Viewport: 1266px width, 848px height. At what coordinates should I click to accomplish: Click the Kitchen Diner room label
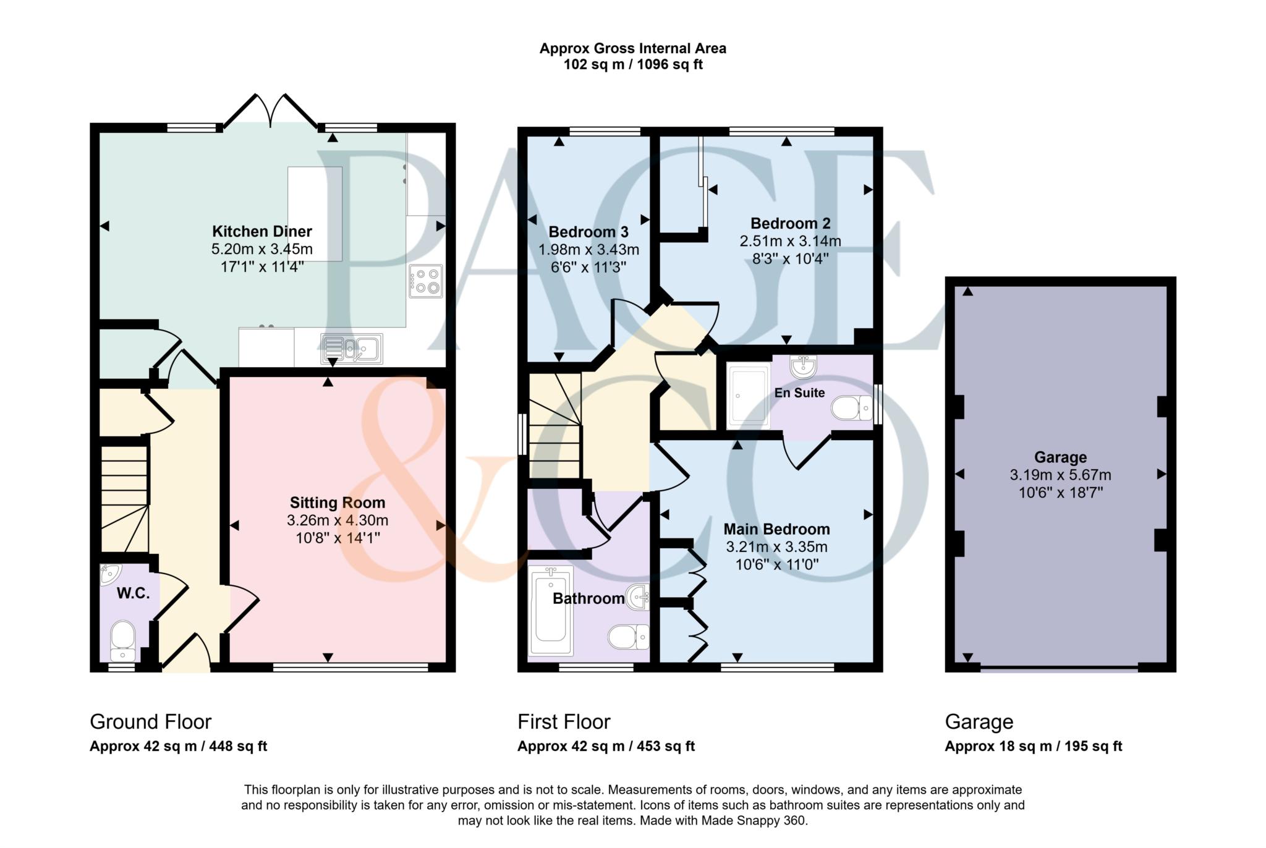pyautogui.click(x=262, y=232)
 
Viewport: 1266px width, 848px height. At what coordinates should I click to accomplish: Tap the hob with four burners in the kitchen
pyautogui.click(x=426, y=281)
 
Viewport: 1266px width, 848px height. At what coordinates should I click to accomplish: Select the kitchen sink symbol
pyautogui.click(x=352, y=349)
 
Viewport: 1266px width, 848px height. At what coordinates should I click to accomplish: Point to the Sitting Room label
pyautogui.click(x=338, y=502)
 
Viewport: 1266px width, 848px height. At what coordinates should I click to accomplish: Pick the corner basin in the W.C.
pyautogui.click(x=109, y=574)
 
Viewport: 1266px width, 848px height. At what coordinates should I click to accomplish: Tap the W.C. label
pyautogui.click(x=133, y=593)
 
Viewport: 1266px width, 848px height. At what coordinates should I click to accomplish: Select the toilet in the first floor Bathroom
pyautogui.click(x=629, y=637)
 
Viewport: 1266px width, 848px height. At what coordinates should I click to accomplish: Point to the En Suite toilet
pyautogui.click(x=851, y=408)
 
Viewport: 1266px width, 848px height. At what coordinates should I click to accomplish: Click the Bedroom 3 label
pyautogui.click(x=588, y=232)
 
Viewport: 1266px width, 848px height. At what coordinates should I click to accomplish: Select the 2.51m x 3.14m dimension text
pyautogui.click(x=790, y=241)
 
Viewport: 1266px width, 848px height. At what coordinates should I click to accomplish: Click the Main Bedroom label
pyautogui.click(x=776, y=529)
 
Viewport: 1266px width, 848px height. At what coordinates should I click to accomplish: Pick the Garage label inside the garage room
pyautogui.click(x=1060, y=457)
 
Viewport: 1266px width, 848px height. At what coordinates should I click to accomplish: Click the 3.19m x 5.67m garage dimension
pyautogui.click(x=1060, y=475)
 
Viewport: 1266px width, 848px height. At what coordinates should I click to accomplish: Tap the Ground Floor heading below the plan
pyautogui.click(x=151, y=721)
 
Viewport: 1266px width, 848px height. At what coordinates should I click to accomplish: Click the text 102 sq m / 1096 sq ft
pyautogui.click(x=633, y=64)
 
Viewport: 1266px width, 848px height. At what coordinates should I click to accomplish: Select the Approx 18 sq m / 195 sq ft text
pyautogui.click(x=1034, y=746)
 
